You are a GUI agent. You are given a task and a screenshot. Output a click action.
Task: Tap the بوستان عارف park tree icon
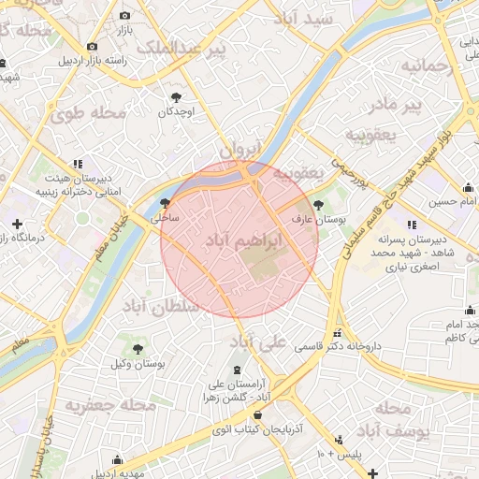319,204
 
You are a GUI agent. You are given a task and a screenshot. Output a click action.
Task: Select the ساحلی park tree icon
165,203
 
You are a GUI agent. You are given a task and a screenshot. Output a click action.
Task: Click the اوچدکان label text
175,111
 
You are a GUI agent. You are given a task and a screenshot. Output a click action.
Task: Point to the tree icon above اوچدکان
175,96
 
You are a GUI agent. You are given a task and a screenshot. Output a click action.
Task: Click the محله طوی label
89,114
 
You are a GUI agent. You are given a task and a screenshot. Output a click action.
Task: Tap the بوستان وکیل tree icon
138,348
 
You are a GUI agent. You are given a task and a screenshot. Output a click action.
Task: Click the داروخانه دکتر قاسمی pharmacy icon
336,333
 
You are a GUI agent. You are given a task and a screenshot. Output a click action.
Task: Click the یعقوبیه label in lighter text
371,135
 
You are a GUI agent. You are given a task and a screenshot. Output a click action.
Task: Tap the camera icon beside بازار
125,16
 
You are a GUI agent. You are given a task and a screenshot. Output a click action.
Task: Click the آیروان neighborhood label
239,150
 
